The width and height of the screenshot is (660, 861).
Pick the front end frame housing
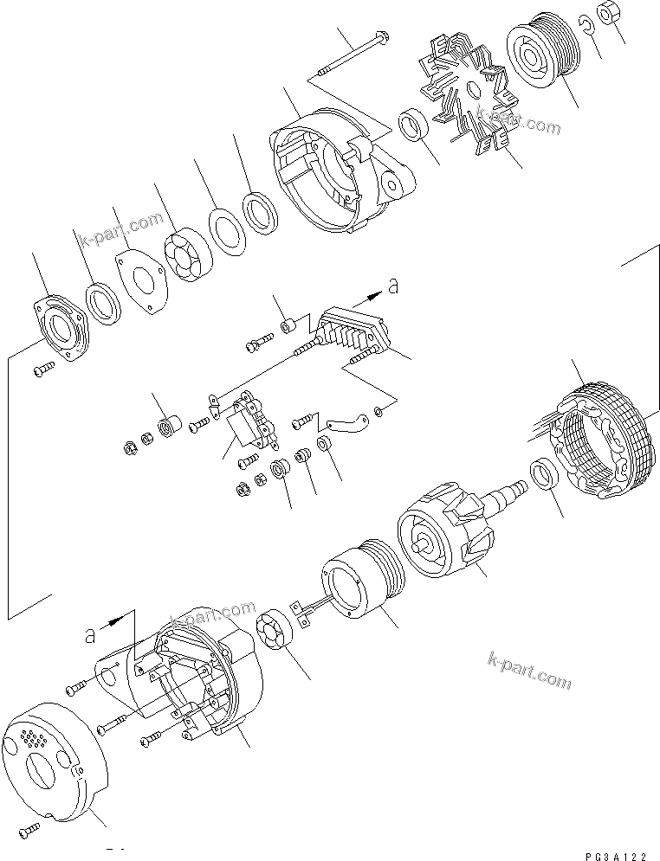pos(338,173)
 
